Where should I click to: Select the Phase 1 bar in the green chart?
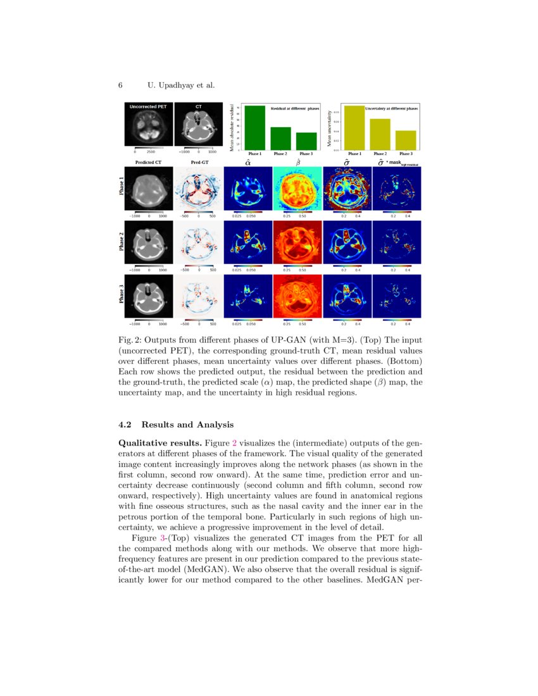pyautogui.click(x=255, y=127)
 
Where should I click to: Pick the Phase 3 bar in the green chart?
pyautogui.click(x=306, y=140)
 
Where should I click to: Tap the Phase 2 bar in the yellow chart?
pyautogui.click(x=380, y=134)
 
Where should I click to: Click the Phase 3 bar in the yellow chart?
pyautogui.click(x=405, y=140)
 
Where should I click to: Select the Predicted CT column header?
pyautogui.click(x=149, y=163)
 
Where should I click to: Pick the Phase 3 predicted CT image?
pyautogui.click(x=149, y=296)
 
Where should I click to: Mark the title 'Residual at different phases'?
pyautogui.click(x=295, y=109)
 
